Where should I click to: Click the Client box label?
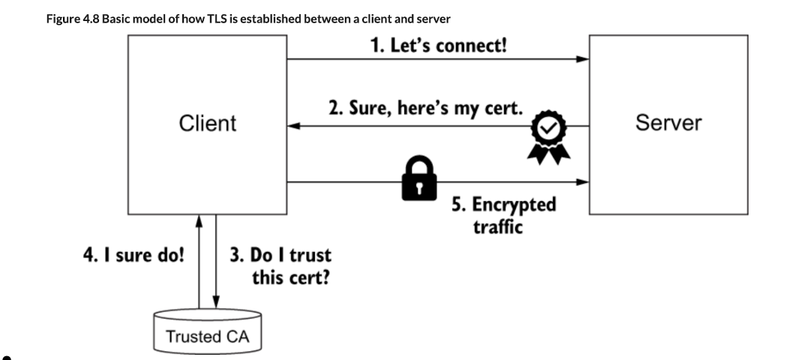pyautogui.click(x=207, y=124)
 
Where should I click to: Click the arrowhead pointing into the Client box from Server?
pyautogui.click(x=295, y=127)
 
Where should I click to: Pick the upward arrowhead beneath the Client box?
pyautogui.click(x=199, y=220)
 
